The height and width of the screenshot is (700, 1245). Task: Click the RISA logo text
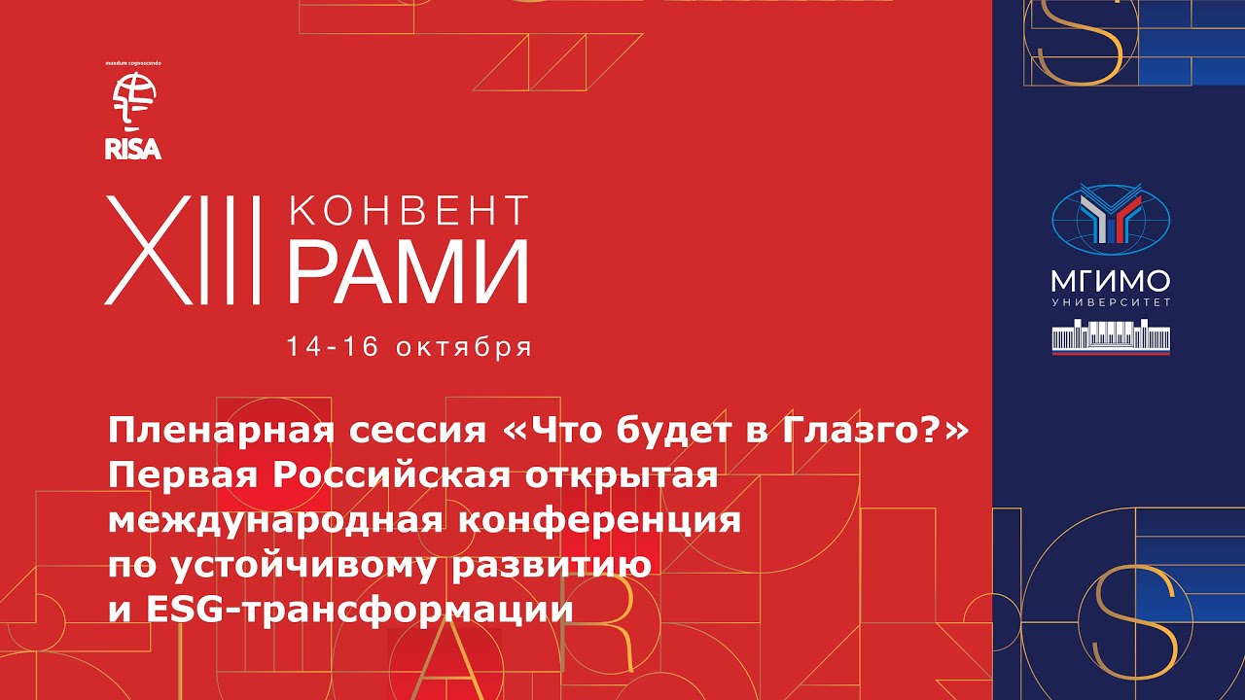[x=133, y=149]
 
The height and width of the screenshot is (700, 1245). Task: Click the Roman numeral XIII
[x=182, y=250]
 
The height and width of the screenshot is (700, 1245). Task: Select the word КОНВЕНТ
[x=409, y=210]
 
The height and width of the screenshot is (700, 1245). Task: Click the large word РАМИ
[x=409, y=272]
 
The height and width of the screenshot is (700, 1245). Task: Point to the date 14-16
[x=333, y=347]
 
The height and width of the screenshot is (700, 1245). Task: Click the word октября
[x=464, y=348]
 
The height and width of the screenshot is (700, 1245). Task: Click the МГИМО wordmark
[x=1111, y=282]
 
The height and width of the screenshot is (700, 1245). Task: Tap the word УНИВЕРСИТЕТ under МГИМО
[x=1111, y=302]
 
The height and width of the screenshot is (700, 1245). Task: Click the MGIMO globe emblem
[x=1111, y=220]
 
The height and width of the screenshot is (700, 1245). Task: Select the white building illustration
[x=1111, y=336]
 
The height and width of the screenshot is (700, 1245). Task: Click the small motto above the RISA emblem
[x=133, y=63]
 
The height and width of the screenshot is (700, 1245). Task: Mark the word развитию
[x=551, y=566]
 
